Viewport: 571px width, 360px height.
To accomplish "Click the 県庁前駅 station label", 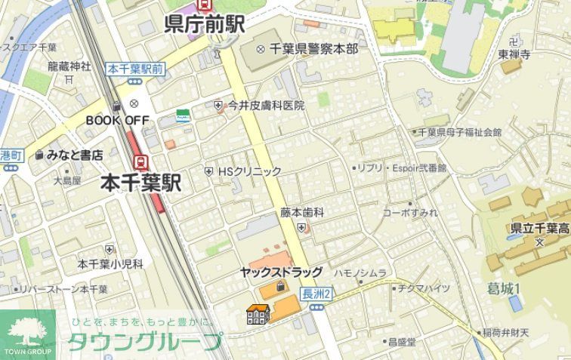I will tap(204, 24).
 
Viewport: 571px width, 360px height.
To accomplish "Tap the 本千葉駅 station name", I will tap(141, 182).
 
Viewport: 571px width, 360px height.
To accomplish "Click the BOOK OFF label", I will tap(117, 119).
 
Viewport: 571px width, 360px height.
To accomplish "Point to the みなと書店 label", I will tap(74, 155).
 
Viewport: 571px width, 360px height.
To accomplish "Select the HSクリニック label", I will tap(248, 171).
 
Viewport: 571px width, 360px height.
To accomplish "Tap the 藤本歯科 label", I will tap(302, 213).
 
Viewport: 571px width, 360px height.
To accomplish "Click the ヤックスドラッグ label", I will tap(281, 272).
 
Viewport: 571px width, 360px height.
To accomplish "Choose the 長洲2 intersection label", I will tap(316, 293).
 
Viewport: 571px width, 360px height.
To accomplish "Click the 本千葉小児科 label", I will tap(110, 263).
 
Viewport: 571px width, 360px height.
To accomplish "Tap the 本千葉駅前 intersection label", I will tap(135, 69).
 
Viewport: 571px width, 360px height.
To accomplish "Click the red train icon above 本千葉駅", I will tap(140, 161).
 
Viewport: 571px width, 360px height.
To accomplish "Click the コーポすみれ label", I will tap(409, 212).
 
